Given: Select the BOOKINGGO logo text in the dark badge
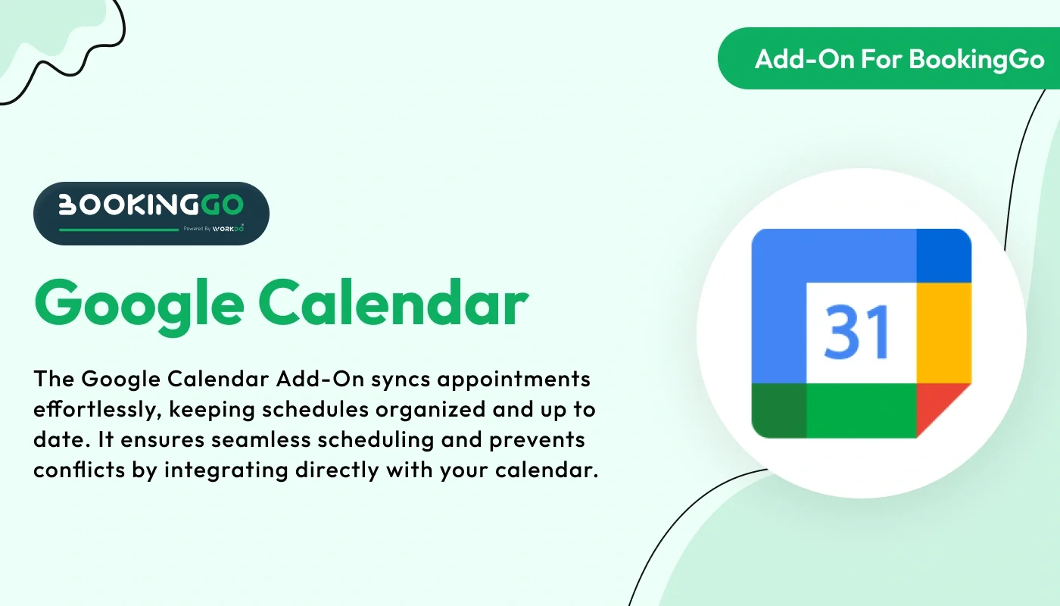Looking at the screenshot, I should [x=151, y=204].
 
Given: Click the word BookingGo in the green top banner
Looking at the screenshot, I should [x=977, y=59].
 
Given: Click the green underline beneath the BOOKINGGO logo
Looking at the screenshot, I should [x=118, y=229].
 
